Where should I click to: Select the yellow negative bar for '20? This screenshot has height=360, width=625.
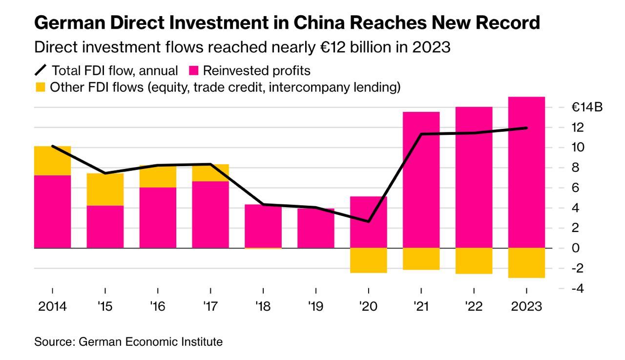click(x=369, y=260)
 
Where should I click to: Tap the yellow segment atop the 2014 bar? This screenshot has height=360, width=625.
click(x=52, y=160)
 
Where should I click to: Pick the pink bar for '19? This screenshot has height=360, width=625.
click(x=316, y=228)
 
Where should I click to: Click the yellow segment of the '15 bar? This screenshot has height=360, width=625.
click(x=105, y=190)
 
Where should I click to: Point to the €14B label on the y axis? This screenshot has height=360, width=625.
click(x=587, y=107)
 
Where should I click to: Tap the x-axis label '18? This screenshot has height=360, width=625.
click(x=263, y=307)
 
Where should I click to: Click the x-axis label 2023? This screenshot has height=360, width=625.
click(x=526, y=307)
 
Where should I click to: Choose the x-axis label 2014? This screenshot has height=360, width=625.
click(x=52, y=307)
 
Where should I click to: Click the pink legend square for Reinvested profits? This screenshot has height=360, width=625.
click(x=193, y=71)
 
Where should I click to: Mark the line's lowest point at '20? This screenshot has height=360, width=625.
click(x=368, y=221)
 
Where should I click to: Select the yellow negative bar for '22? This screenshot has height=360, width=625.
click(x=474, y=261)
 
